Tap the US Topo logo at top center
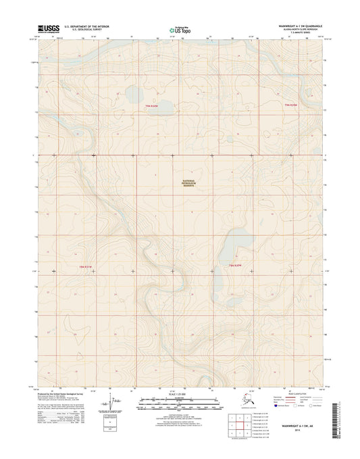180,29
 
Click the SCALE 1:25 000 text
180,396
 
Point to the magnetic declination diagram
108,404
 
